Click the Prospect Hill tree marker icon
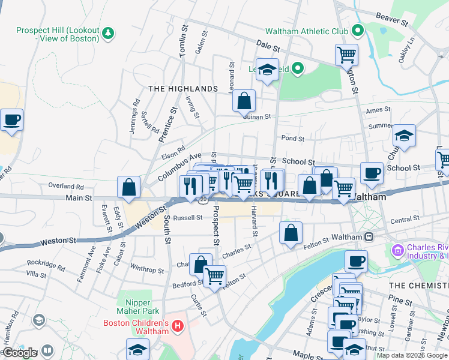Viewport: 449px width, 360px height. pos(108,32)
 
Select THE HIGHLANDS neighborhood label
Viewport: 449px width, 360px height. pos(183,89)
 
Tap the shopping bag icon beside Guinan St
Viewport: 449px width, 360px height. pos(244,102)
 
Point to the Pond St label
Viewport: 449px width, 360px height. pos(293,138)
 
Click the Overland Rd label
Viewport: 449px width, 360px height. pos(67,187)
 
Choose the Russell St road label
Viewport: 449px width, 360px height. pos(188,218)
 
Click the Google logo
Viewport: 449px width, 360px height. pos(20,353)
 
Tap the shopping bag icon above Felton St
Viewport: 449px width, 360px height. pos(291,233)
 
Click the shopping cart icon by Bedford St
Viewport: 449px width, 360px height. pos(214,276)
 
